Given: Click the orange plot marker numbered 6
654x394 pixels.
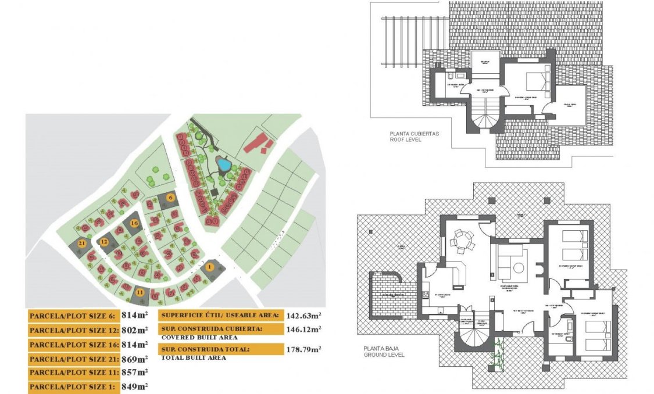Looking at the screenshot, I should [170, 198].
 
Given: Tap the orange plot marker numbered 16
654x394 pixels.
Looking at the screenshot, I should [134, 223].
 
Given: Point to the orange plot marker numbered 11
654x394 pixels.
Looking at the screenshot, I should [140, 292].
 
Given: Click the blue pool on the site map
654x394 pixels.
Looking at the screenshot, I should [223, 164].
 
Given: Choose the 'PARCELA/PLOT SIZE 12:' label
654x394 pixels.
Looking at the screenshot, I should [73, 330].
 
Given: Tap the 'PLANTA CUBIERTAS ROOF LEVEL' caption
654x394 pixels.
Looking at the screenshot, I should [414, 137].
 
